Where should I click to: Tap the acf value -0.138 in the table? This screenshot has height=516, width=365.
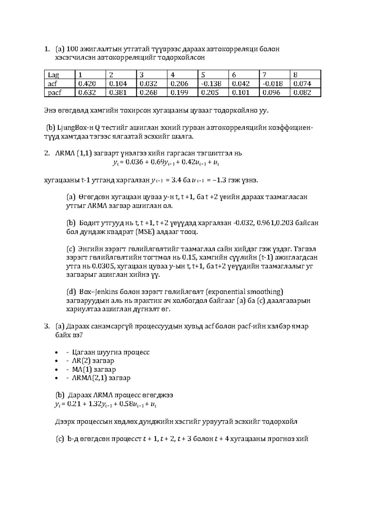point(211,84)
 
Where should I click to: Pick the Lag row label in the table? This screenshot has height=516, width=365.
point(53,75)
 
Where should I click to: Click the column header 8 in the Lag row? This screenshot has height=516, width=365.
point(295,75)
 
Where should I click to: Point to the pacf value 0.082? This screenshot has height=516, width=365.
point(302,93)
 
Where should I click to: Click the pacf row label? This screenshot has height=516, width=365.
point(54,93)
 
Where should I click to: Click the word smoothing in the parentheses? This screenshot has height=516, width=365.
point(264,292)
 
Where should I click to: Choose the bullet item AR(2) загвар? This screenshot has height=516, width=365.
point(93,361)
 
